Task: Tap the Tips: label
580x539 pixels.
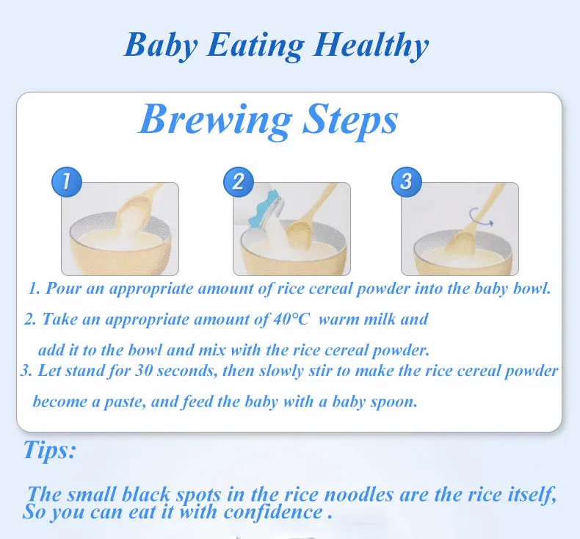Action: point(49,449)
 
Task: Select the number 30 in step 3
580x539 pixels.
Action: point(144,371)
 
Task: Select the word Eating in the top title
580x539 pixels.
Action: point(251,46)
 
